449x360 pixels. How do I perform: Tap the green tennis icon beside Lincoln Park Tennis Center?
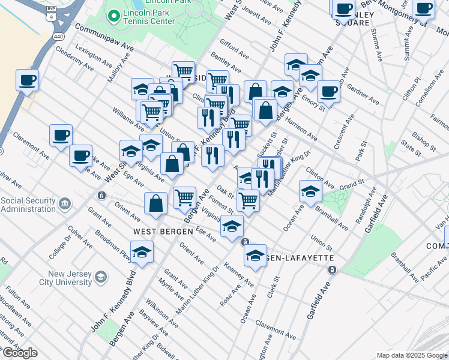click(x=112, y=16)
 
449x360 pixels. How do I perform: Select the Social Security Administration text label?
click(x=28, y=204)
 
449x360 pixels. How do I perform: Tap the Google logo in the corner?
click(x=19, y=353)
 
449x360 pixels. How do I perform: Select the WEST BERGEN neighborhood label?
click(x=155, y=232)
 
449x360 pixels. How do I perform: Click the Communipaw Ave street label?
click(x=103, y=37)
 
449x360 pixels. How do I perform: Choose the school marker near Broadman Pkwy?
click(x=142, y=252)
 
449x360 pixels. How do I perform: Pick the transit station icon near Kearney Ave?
click(x=245, y=242)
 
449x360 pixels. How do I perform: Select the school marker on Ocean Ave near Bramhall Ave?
click(x=310, y=192)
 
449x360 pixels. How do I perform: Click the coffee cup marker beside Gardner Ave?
click(x=328, y=92)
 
